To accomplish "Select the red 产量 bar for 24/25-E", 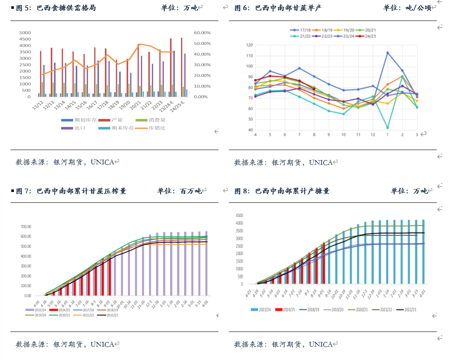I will coord(182,67).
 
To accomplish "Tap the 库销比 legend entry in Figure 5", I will coord(153,128).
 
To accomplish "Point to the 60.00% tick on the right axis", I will coord(202,33).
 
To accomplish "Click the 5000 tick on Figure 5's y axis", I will coord(25,33).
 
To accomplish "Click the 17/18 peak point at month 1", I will coord(387,53).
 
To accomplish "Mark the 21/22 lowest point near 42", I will coord(387,127).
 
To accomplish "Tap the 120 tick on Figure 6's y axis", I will coord(249,45).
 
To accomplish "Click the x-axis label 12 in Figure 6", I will coord(373,135).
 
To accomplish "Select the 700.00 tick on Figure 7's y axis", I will coord(26,227).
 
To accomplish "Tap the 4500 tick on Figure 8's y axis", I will coord(239,215).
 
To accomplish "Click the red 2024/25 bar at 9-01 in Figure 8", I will coord(324,263).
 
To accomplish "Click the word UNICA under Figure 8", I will coord(321,344).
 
